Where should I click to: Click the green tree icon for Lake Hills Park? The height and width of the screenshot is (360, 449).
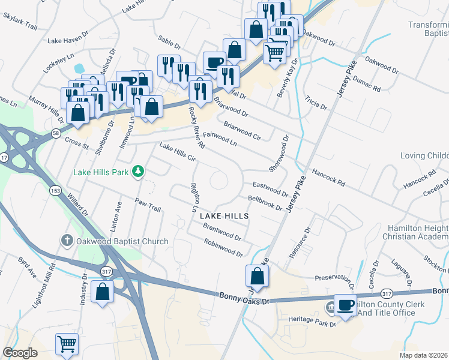pos(139,172)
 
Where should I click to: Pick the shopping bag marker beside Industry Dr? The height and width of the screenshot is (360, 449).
pos(103,292)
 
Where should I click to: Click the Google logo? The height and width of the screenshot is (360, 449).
pos(20,353)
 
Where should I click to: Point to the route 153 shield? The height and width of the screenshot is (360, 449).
pos(55,190)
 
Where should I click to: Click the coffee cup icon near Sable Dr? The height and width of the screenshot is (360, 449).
pos(214,62)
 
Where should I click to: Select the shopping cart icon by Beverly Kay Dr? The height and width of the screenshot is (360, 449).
pos(275,52)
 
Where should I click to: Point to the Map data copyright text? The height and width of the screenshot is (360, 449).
pos(423,355)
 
